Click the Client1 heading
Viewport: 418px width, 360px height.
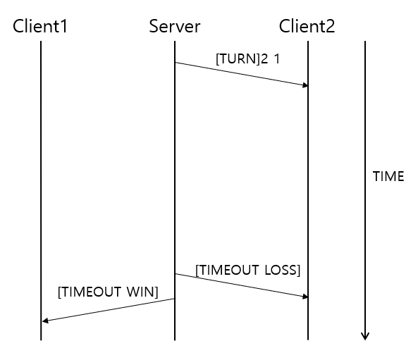40,27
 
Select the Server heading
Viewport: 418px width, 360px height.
175,27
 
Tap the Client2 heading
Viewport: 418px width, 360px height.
307,27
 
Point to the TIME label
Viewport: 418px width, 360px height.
388,177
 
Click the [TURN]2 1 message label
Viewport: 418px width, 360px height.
247,58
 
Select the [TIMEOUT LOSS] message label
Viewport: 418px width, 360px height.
247,270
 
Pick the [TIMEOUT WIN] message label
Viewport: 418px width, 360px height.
108,291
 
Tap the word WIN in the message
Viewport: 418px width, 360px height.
144,291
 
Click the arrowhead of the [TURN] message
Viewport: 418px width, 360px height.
305,85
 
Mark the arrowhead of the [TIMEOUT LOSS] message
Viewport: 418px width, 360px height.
305,297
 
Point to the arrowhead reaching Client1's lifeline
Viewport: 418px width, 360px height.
44,321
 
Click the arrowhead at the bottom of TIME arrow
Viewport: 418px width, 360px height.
364,335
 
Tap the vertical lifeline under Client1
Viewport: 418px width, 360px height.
41,176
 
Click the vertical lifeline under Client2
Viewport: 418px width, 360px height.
308,176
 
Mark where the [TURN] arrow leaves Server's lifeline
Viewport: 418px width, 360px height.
176,63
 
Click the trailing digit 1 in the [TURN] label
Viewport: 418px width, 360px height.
276,58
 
